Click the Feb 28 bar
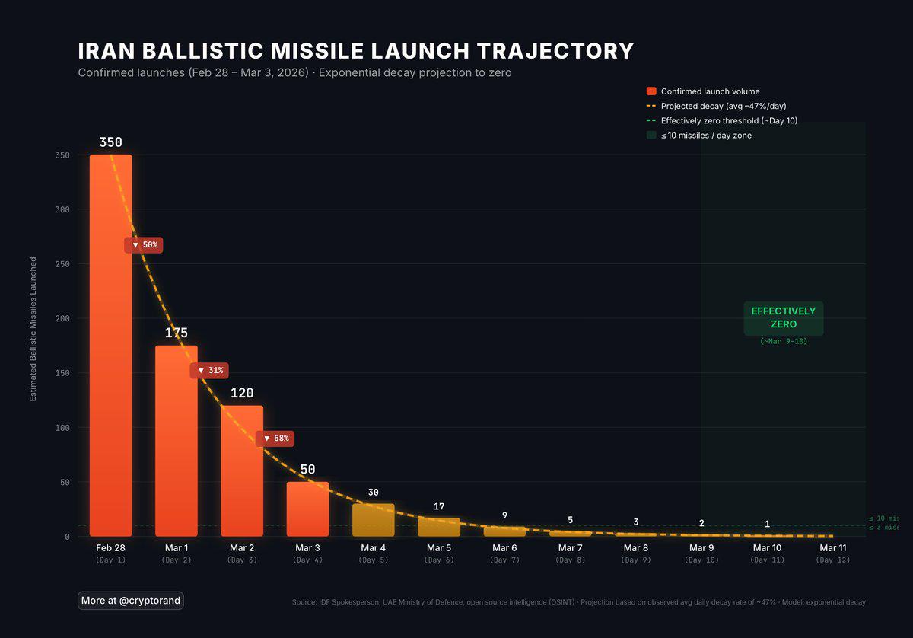(110, 346)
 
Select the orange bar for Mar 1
(177, 442)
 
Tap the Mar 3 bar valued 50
(307, 509)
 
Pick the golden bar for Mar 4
(373, 520)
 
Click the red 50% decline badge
(144, 245)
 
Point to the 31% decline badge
(209, 371)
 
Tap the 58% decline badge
(275, 439)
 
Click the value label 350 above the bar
(110, 142)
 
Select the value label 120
(242, 393)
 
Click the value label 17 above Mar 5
(439, 507)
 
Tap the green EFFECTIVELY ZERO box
(783, 317)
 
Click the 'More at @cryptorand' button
(131, 601)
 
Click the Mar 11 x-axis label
(832, 548)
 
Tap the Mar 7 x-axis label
(570, 548)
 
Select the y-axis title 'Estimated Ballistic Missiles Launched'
(33, 329)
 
